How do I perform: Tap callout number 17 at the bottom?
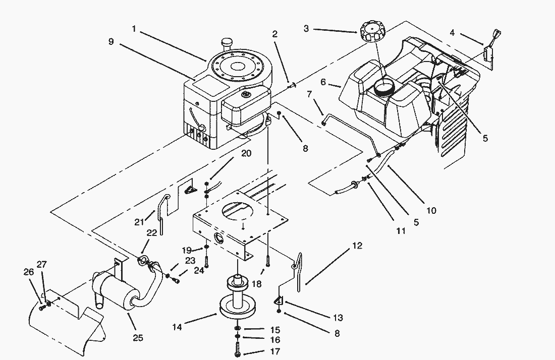(x=275, y=351)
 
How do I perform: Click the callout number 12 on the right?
(x=357, y=246)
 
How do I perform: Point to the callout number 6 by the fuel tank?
(x=323, y=81)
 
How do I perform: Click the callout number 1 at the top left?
(x=134, y=29)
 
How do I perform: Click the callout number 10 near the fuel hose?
(x=431, y=211)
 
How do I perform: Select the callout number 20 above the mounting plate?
(x=246, y=154)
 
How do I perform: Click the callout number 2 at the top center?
(x=274, y=34)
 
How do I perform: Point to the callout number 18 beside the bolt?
(x=256, y=284)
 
